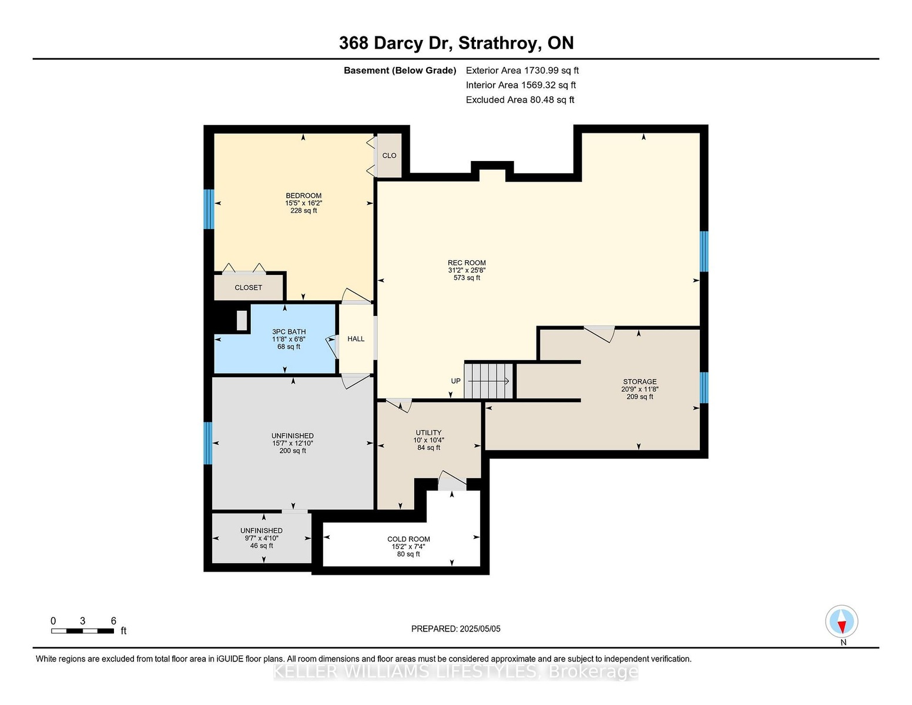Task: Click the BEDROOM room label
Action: click(303, 196)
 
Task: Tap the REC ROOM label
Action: click(467, 263)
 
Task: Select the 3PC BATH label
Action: click(289, 332)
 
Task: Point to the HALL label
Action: click(356, 339)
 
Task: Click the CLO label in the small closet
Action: click(389, 156)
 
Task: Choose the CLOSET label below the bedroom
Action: click(249, 288)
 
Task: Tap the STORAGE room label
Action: click(639, 382)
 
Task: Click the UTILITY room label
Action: click(428, 432)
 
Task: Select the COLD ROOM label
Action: click(408, 539)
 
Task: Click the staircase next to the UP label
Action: click(488, 381)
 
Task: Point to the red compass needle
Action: click(841, 626)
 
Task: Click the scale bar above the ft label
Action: click(83, 631)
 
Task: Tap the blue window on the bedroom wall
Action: click(209, 209)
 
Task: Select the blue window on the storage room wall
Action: click(704, 388)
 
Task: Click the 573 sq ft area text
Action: click(467, 278)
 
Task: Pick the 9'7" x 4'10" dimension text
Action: click(261, 538)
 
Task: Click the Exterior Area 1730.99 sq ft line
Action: click(522, 70)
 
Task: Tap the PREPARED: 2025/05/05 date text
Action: click(456, 629)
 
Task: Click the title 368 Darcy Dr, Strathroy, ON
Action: click(456, 43)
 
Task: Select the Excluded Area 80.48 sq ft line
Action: click(520, 100)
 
